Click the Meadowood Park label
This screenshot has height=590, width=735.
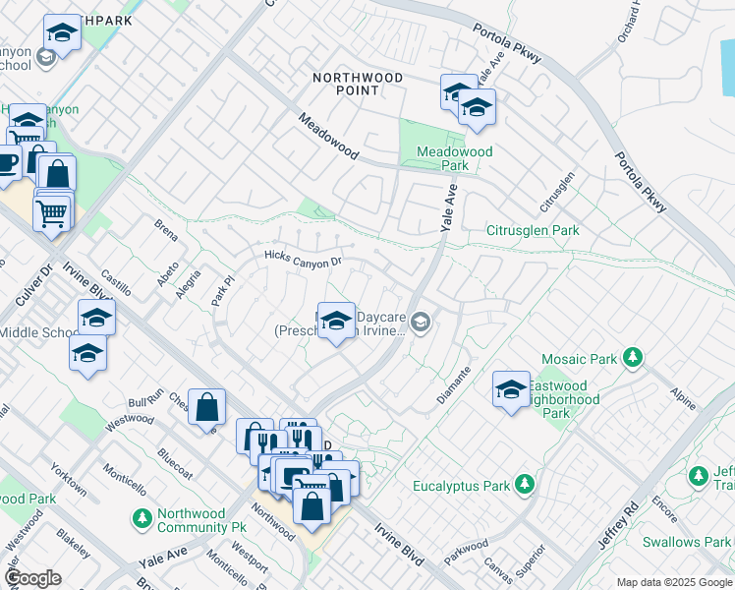[454, 159]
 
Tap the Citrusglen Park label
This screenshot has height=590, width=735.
[533, 231]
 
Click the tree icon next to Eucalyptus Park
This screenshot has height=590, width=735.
[526, 485]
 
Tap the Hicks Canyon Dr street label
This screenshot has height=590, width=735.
[303, 260]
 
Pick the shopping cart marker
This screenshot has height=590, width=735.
[52, 210]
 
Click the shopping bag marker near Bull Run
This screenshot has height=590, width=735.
[207, 407]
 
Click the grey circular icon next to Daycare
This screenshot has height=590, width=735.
[422, 323]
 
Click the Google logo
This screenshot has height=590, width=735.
[33, 578]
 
